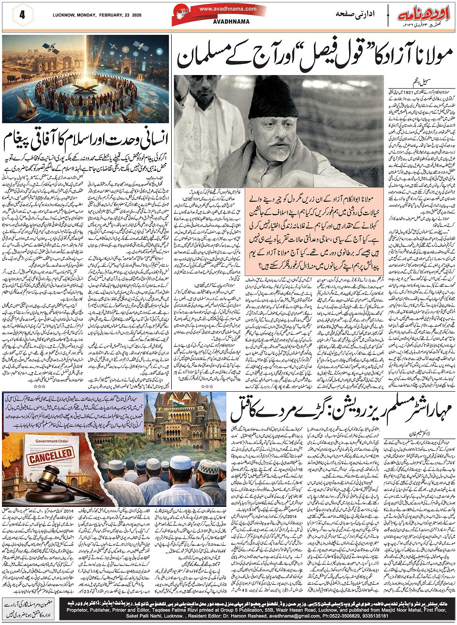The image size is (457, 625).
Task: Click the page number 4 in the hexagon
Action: pos(22,15)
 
